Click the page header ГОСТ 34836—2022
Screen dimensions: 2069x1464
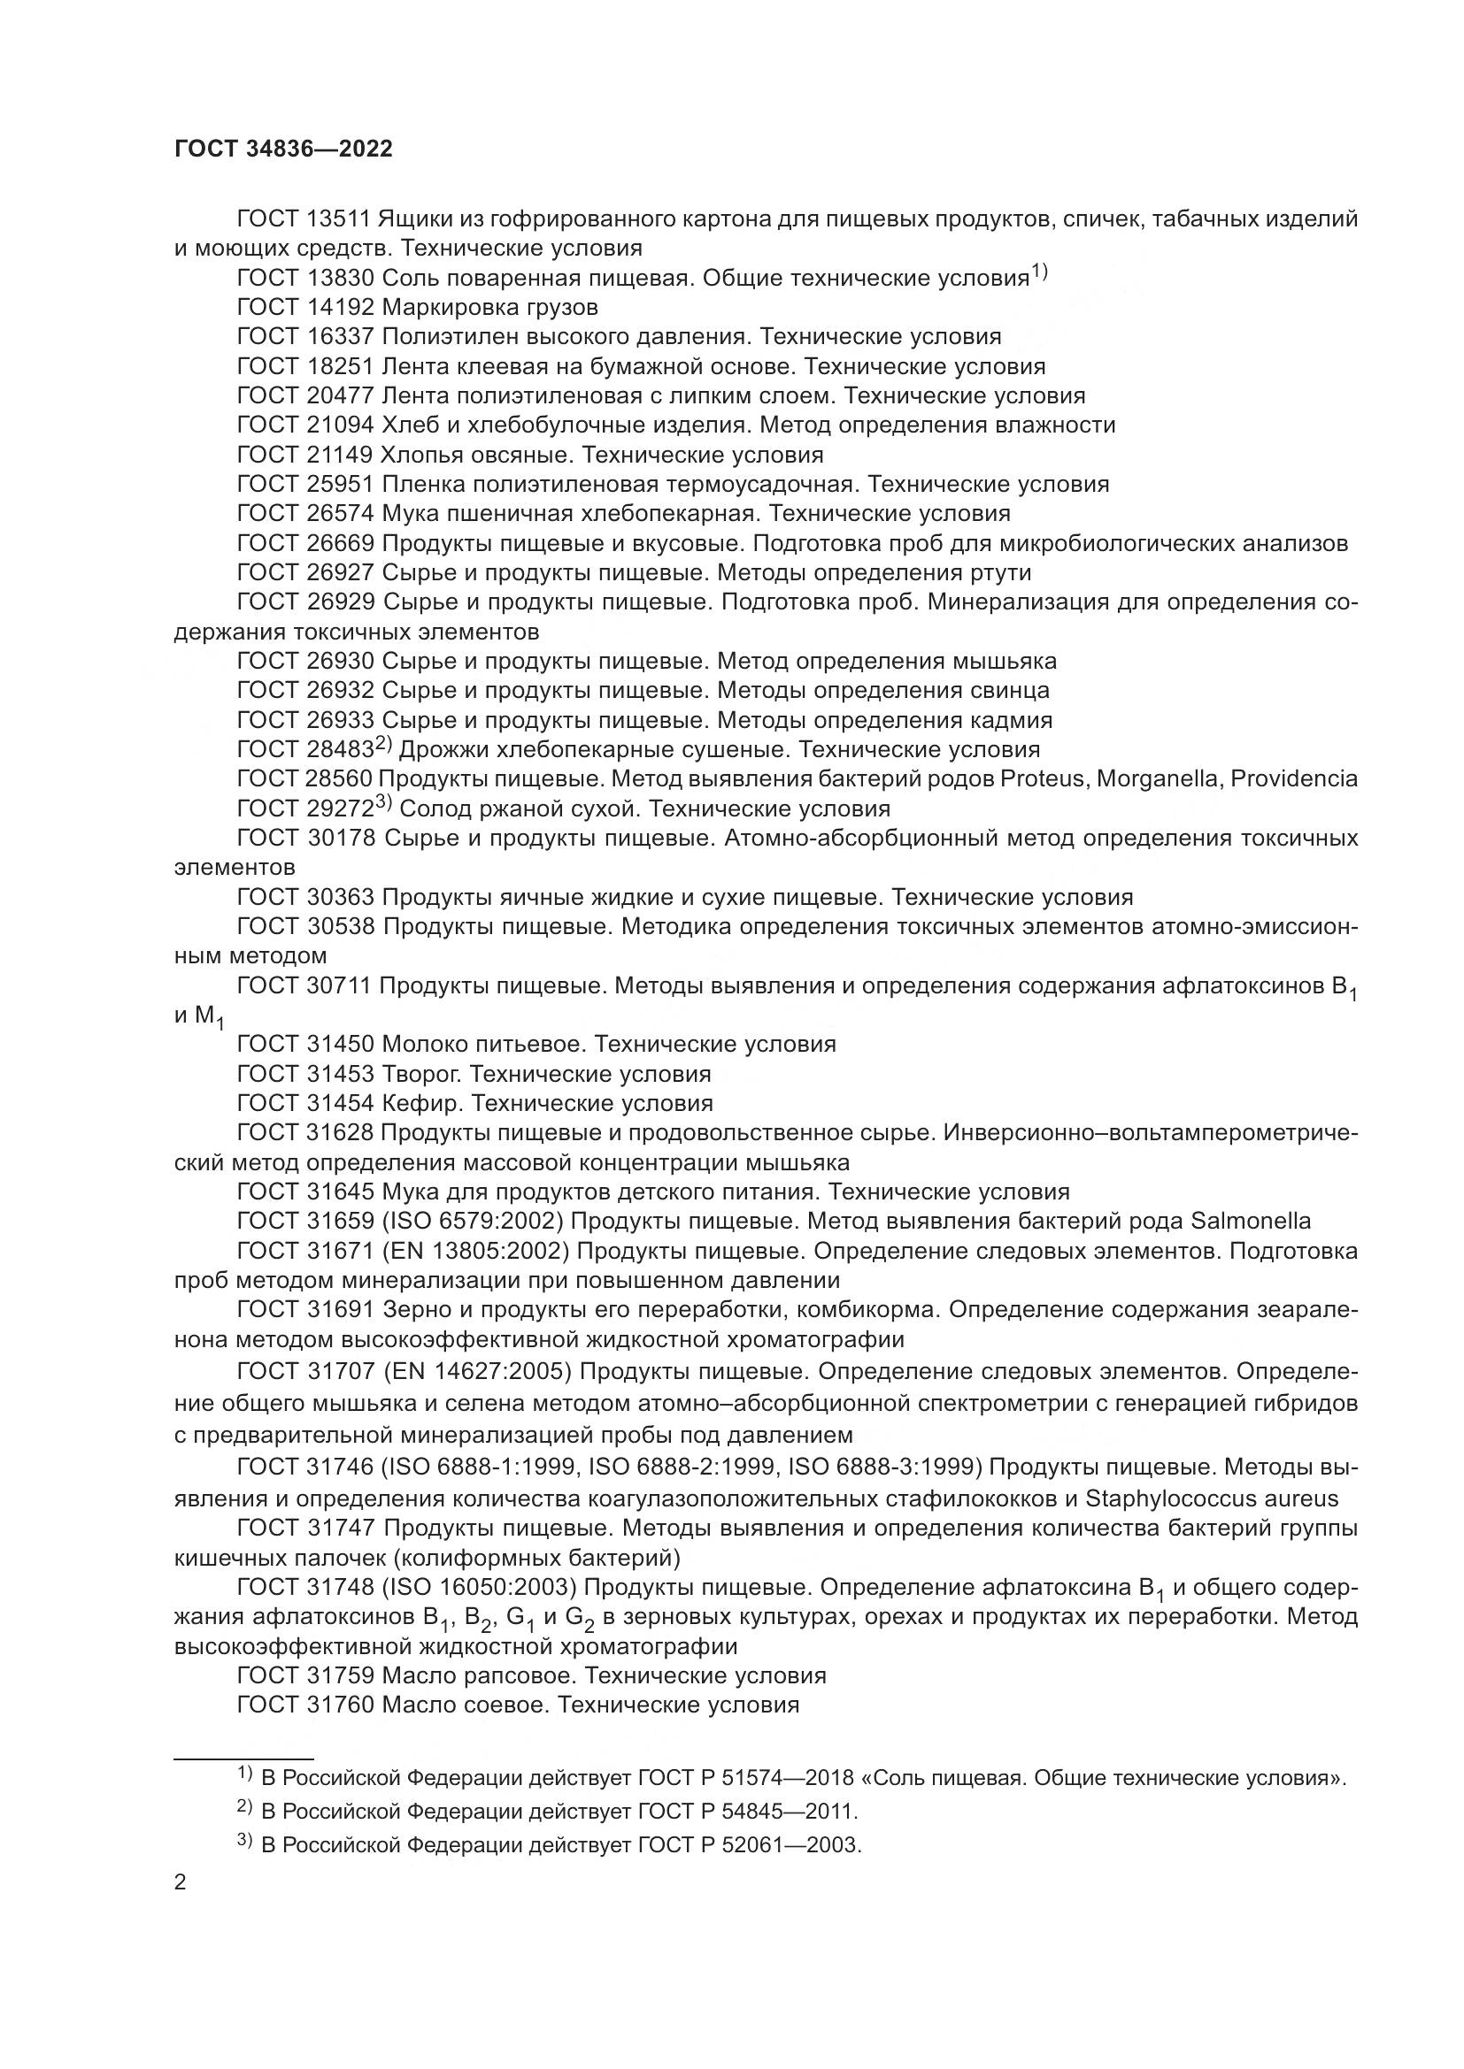click(283, 149)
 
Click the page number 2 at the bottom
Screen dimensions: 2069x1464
click(181, 1882)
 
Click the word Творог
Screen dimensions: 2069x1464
click(422, 1074)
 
